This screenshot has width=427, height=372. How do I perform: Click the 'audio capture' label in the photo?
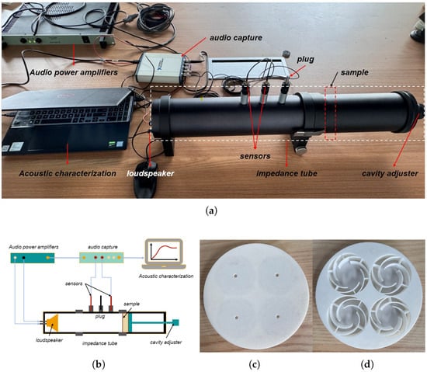click(236, 38)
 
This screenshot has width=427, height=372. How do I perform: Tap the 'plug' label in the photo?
click(305, 59)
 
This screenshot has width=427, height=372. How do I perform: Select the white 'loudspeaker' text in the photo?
click(151, 173)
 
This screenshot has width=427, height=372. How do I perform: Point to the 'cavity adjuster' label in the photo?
click(390, 173)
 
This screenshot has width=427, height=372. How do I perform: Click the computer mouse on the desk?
click(145, 179)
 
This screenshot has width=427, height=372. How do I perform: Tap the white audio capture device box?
click(162, 68)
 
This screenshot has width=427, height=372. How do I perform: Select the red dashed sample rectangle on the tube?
click(330, 113)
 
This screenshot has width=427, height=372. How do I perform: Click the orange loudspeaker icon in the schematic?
click(52, 323)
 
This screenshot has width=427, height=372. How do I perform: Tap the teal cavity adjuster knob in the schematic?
click(175, 323)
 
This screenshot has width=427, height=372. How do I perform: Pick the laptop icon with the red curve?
click(164, 254)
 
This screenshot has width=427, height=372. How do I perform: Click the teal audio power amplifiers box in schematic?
click(33, 258)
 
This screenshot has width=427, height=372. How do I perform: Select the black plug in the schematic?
click(101, 304)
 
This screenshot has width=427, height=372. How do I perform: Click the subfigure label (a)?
click(212, 210)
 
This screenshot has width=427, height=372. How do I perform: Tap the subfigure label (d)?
click(366, 364)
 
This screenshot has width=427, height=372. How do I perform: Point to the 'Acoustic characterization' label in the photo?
click(68, 173)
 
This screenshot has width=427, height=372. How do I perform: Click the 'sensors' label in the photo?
click(255, 156)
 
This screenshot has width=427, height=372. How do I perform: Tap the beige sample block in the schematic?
click(125, 323)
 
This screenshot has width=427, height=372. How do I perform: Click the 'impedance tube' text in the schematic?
click(99, 343)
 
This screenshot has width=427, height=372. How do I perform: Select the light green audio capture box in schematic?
click(101, 258)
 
